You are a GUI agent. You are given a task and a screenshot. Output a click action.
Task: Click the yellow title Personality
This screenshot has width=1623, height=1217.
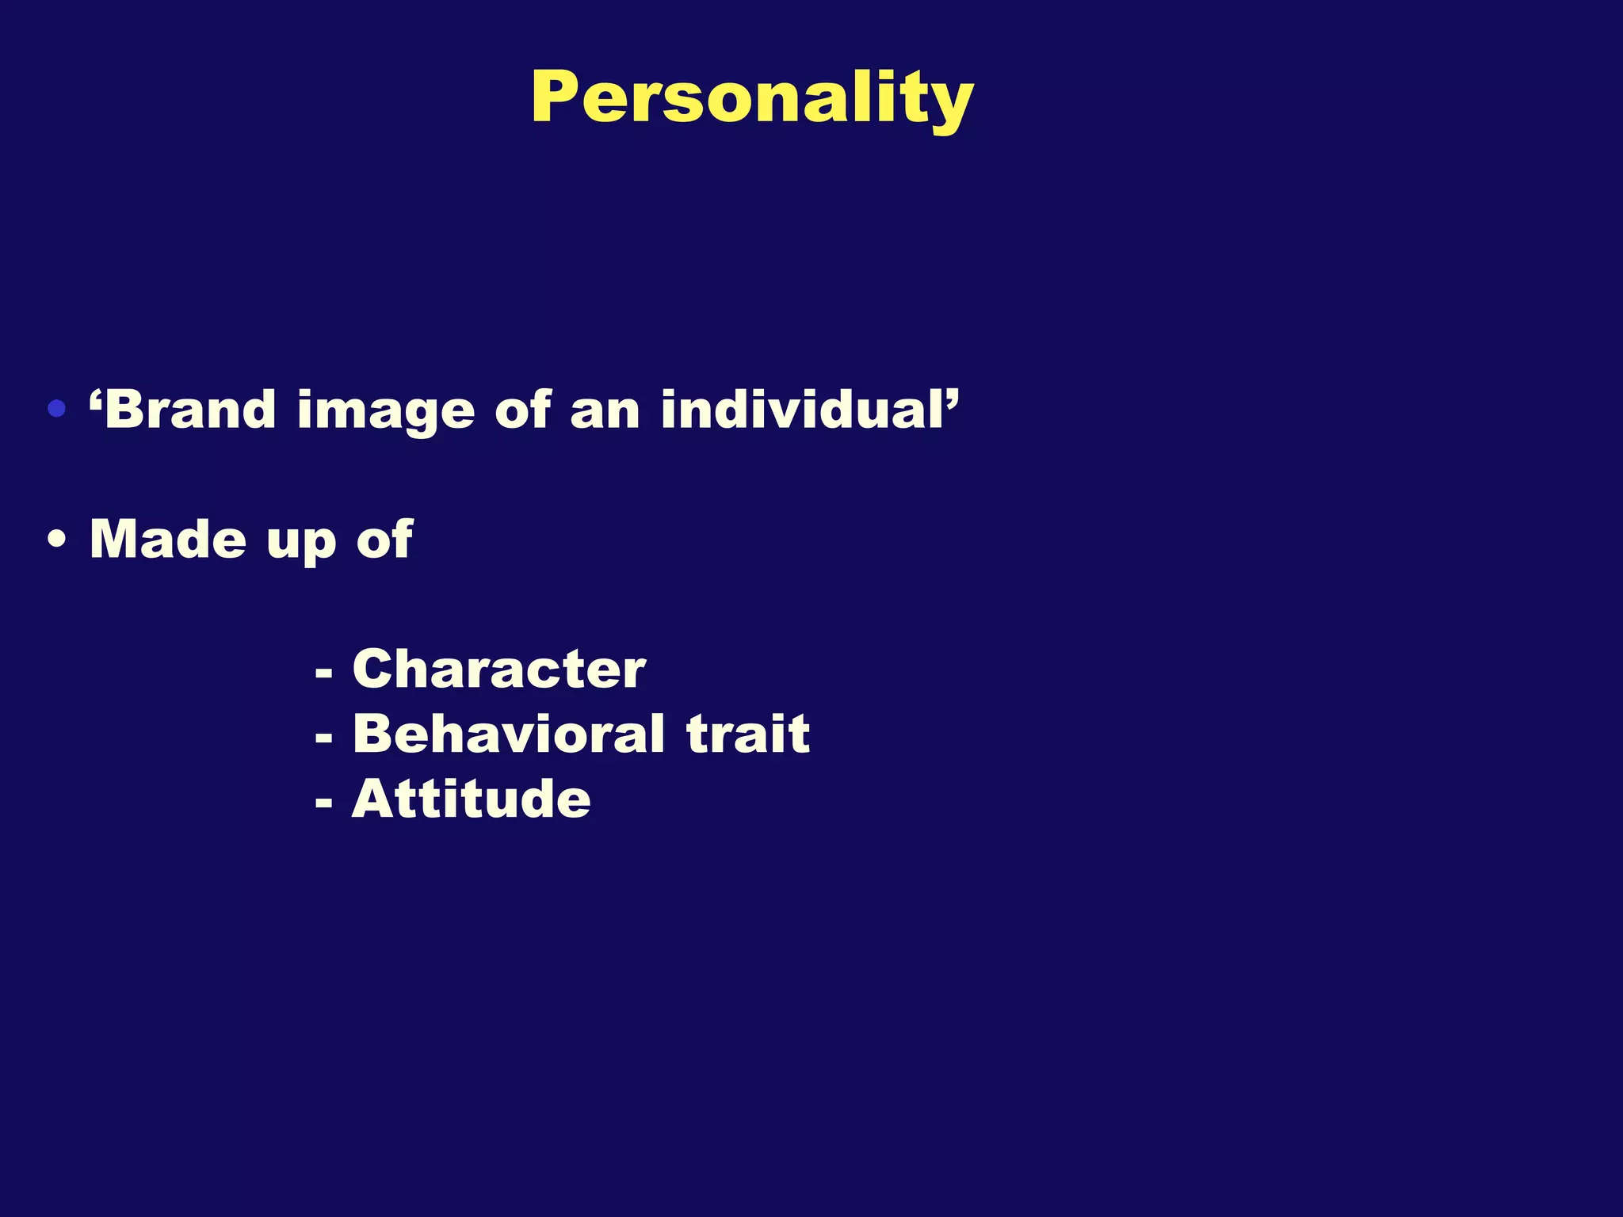point(751,98)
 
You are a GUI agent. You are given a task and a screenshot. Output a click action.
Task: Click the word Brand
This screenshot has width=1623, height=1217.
point(191,410)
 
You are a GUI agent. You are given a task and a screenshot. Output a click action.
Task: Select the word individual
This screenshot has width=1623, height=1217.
point(800,410)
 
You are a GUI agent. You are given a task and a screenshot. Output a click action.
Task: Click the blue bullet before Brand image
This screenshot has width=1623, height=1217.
point(56,410)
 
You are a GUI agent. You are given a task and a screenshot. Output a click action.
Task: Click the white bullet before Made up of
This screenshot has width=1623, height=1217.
point(56,540)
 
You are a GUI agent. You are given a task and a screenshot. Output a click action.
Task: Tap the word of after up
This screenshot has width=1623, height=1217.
point(384,540)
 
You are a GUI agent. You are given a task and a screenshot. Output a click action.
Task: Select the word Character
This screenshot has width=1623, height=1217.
point(498,670)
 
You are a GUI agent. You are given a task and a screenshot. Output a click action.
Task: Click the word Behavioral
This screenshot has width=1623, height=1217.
point(508,734)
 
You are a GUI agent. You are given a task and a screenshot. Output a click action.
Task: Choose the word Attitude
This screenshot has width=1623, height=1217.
point(471,799)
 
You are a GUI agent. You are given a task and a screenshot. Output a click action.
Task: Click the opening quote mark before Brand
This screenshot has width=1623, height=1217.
point(96,398)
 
